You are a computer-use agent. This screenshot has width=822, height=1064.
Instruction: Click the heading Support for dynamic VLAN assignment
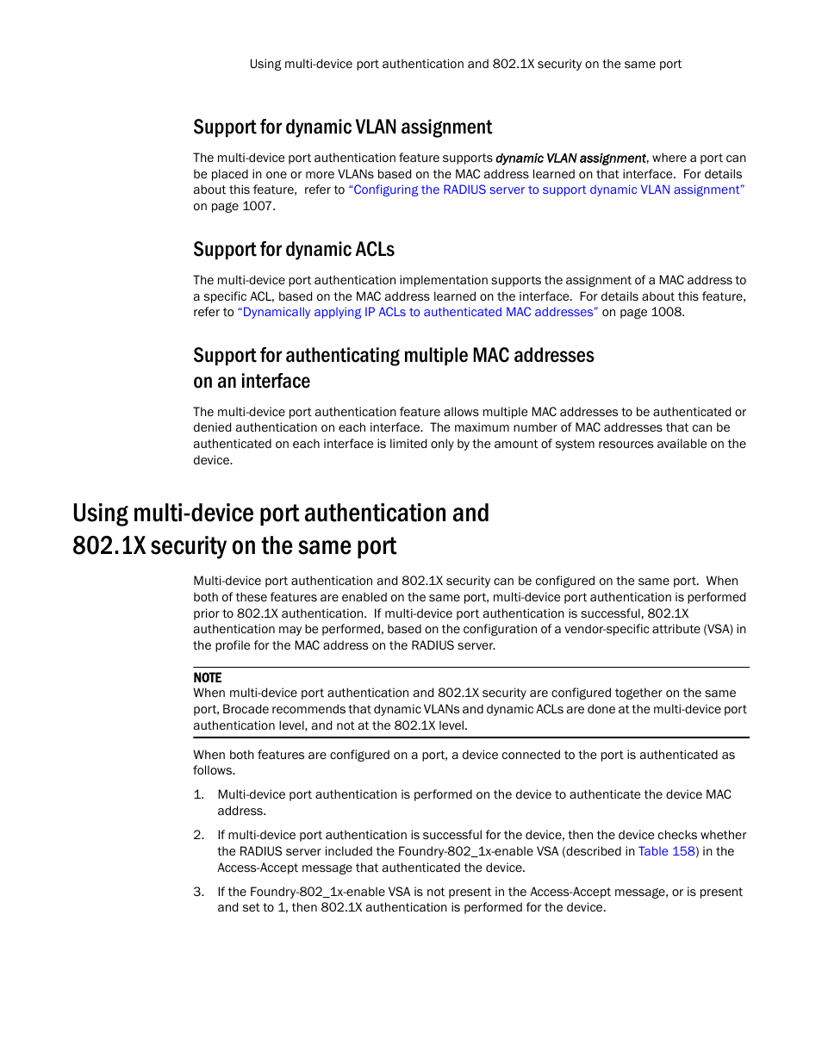pos(342,128)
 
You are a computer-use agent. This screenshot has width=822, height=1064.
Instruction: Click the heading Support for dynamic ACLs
pos(293,250)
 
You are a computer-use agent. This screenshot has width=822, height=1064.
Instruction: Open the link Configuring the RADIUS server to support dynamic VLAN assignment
pos(546,190)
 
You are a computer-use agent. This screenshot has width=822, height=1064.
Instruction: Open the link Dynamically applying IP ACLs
pos(418,312)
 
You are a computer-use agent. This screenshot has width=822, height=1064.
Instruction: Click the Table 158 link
pos(666,851)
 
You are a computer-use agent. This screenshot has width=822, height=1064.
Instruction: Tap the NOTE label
pos(207,678)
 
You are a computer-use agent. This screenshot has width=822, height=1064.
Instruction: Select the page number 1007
pos(257,206)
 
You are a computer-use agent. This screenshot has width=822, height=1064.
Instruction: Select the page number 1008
pos(666,312)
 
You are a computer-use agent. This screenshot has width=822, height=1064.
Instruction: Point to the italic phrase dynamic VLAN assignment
pos(570,159)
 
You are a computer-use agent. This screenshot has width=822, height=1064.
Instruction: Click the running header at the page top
pos(465,64)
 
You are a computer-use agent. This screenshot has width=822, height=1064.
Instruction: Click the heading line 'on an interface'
pos(252,382)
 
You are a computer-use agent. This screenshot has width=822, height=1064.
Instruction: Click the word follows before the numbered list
pos(213,770)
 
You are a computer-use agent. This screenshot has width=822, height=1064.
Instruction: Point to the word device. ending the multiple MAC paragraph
pos(212,460)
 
